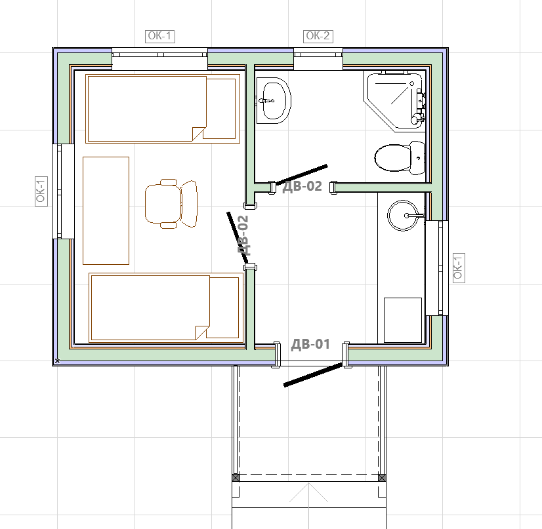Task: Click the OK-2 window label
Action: pos(318,36)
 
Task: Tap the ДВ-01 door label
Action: pos(310,344)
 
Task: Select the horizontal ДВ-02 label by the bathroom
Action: pos(302,186)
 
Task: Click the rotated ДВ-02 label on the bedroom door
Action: pos(243,235)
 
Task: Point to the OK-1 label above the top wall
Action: pos(160,36)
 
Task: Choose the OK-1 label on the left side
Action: pos(41,191)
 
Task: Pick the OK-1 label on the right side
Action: pos(459,268)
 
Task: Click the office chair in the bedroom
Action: pos(171,204)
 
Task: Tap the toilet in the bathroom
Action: pos(400,158)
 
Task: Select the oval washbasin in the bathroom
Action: pos(274,100)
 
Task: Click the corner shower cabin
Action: pos(395,101)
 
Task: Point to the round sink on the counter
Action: pos(403,216)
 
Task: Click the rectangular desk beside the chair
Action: pos(106,210)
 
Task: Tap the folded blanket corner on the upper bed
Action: pos(199,134)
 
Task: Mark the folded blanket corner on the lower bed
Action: pos(202,332)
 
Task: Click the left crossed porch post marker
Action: pos(236,478)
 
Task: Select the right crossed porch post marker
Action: pos(382,478)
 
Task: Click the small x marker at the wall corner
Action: pos(57,361)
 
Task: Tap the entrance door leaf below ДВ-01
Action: pos(313,374)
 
